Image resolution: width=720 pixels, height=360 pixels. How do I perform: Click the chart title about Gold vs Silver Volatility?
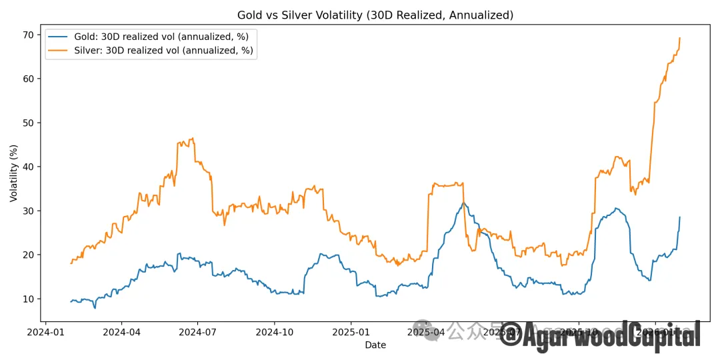point(375,15)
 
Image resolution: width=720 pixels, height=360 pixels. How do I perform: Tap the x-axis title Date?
point(375,345)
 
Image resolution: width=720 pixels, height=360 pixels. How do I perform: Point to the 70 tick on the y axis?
point(27,35)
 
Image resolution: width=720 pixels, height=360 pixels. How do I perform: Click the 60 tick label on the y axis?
point(27,79)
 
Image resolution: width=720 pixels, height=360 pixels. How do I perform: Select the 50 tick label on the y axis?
point(27,123)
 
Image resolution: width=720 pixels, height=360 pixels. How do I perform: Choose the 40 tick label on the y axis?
point(27,167)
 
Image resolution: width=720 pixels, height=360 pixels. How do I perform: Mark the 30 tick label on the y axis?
point(27,211)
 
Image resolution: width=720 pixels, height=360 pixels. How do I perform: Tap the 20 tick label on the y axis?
point(27,255)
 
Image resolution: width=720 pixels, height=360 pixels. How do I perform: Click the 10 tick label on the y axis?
point(27,299)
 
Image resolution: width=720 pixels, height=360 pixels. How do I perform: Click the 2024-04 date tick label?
point(123,331)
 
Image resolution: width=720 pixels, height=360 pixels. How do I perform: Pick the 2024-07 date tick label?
point(199,331)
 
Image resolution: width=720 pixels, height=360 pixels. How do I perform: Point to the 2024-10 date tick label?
point(275,331)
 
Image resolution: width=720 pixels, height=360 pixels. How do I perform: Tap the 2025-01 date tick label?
point(351,331)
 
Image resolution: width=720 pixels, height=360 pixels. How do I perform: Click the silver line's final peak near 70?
point(679,38)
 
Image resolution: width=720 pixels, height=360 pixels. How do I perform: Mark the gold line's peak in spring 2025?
point(463,203)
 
